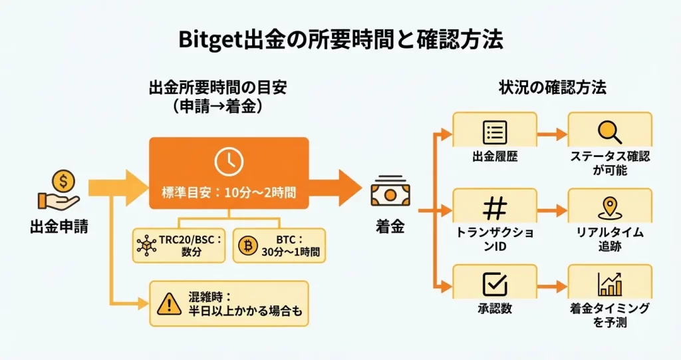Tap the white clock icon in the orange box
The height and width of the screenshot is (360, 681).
click(228, 162)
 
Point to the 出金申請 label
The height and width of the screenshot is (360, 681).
click(59, 227)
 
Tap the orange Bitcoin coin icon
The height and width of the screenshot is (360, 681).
click(249, 246)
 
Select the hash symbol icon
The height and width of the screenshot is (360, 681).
click(494, 208)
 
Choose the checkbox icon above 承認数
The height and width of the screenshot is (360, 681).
click(494, 284)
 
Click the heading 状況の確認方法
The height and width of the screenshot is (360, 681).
click(553, 88)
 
